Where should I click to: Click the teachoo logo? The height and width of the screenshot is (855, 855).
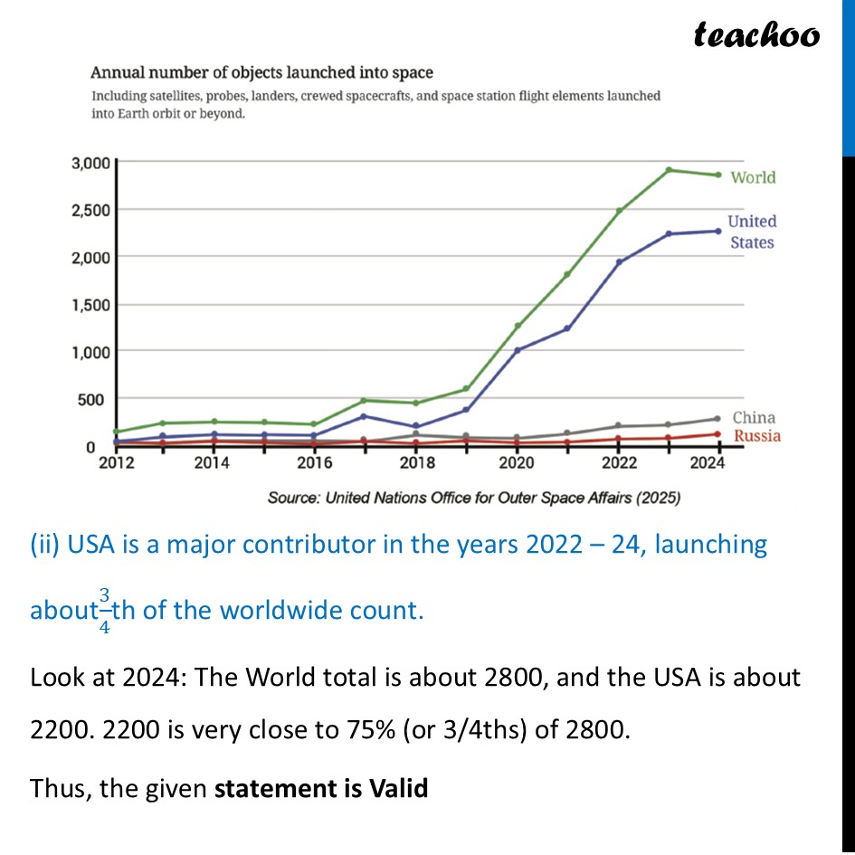(756, 34)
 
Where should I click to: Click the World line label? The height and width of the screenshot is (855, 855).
(753, 177)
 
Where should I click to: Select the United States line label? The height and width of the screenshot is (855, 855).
(752, 232)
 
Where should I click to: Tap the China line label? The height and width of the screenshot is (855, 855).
(754, 418)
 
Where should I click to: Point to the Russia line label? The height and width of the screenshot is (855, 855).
(756, 436)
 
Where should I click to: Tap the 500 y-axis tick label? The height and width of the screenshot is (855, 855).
(96, 399)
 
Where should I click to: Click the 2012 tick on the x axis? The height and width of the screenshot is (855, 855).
(117, 463)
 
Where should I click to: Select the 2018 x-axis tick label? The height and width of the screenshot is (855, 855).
(417, 463)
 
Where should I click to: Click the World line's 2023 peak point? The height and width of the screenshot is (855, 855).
(668, 170)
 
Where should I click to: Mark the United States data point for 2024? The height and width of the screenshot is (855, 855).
(718, 231)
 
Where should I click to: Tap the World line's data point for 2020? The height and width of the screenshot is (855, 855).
(518, 326)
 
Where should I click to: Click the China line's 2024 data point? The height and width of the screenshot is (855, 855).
(718, 419)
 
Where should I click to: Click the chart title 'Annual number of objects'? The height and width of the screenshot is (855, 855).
(261, 72)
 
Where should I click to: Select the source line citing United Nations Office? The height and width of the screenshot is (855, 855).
(474, 498)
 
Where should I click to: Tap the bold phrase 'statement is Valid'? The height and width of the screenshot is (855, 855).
(321, 788)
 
